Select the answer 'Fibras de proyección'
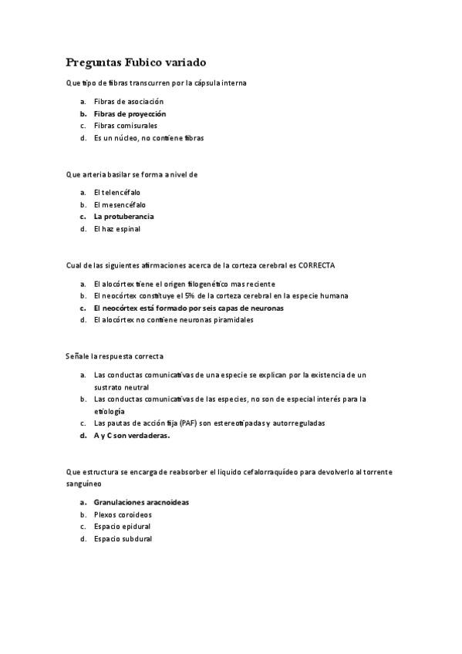point(130,113)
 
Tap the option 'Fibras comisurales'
point(125,126)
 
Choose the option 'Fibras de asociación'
point(128,101)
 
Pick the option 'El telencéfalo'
point(117,192)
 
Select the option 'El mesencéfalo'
point(120,204)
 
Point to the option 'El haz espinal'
point(117,229)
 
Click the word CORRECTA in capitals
point(316,265)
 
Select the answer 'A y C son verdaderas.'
point(131,435)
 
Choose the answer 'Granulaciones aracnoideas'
point(141,502)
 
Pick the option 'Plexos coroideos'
point(123,514)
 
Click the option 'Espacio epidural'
point(123,527)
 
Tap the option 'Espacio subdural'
point(123,539)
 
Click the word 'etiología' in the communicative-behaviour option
point(109,411)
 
